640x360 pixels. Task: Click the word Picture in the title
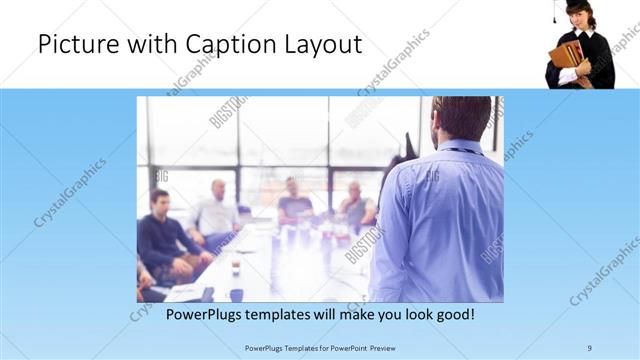coord(71,45)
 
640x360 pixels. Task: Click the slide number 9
coord(590,348)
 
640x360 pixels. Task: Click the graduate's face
coord(579,19)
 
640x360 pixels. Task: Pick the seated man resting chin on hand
coord(354,205)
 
